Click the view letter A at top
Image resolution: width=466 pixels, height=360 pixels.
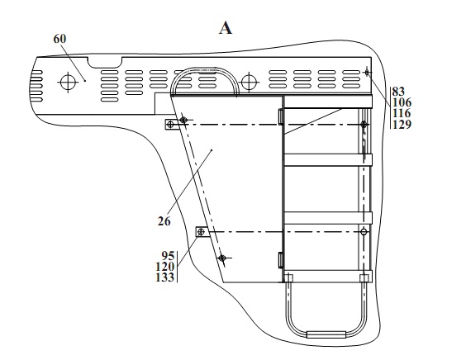pyautogui.click(x=226, y=29)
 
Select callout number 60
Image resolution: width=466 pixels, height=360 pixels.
pyautogui.click(x=59, y=39)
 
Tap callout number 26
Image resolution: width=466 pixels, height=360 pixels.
pyautogui.click(x=164, y=221)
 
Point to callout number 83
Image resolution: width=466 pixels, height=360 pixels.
pyautogui.click(x=398, y=91)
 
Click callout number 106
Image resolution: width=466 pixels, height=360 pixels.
pyautogui.click(x=402, y=102)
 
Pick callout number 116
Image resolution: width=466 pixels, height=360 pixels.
pyautogui.click(x=402, y=113)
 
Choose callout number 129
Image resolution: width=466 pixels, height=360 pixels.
pyautogui.click(x=402, y=125)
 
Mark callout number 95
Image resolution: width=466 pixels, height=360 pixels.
pyautogui.click(x=168, y=256)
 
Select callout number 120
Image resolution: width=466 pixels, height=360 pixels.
pyautogui.click(x=165, y=267)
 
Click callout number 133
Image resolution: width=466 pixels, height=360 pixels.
pyautogui.click(x=165, y=277)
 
